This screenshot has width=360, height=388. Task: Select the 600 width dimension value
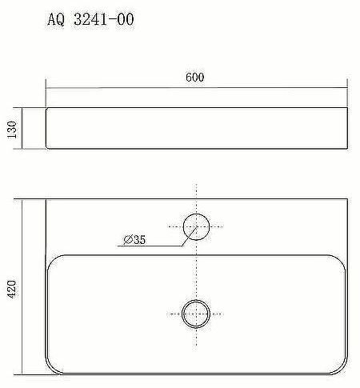[195, 78]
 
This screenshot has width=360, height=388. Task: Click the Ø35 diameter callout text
[135, 238]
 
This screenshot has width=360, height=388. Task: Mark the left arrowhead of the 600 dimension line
[48, 86]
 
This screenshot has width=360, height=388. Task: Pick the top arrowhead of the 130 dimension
[22, 108]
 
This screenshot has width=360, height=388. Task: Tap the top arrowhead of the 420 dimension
[22, 199]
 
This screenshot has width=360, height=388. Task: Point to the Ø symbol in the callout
[127, 238]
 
